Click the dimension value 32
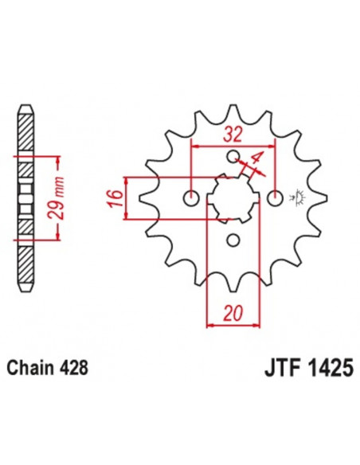[x=233, y=133]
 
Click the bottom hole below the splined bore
[x=233, y=240]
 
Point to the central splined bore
[x=233, y=197]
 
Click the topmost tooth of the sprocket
[x=233, y=113]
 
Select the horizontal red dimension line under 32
[x=233, y=145]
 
